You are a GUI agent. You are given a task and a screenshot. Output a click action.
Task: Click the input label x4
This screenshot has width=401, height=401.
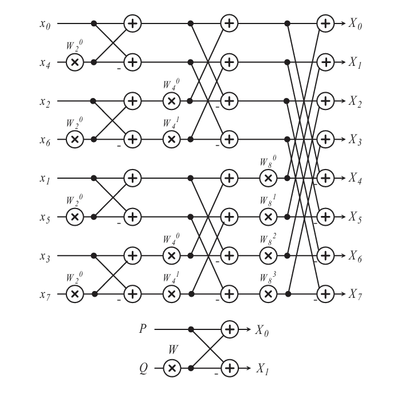coord(45,62)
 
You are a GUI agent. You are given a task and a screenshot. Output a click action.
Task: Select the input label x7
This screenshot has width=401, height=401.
coord(45,294)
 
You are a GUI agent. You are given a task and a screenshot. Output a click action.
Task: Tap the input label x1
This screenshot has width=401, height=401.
coord(45,179)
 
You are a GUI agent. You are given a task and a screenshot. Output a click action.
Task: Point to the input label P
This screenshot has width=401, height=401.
coord(143,329)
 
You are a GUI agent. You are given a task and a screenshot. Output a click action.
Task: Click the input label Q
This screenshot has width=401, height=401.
coord(144,369)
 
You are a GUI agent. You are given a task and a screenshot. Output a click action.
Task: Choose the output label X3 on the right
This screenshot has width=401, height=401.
coord(355,140)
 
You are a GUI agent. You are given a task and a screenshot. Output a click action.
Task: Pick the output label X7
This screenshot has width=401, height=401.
coord(355,294)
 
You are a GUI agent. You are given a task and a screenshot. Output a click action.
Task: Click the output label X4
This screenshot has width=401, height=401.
coord(355,178)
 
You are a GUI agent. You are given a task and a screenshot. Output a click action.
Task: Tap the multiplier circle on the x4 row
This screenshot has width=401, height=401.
coord(74,62)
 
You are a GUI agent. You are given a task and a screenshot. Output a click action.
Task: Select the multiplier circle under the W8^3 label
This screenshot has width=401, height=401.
coord(268,294)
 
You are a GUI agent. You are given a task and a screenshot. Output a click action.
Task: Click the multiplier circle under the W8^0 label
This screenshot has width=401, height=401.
coord(268,178)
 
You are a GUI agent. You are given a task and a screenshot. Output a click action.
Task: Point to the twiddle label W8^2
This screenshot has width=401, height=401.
coord(268,239)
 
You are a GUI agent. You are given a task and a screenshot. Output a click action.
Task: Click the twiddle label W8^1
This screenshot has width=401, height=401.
coord(268,200)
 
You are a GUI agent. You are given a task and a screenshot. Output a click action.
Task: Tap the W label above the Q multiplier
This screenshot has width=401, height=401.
coord(174,349)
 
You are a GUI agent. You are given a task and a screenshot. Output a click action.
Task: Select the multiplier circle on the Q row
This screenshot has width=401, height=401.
coord(172,368)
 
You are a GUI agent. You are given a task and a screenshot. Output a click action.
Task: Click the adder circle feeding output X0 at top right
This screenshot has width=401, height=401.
coord(325,23)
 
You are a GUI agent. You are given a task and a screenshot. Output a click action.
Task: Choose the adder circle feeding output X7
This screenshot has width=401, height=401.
coord(325,294)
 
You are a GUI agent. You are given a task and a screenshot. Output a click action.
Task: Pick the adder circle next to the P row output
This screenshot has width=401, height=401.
coord(229,329)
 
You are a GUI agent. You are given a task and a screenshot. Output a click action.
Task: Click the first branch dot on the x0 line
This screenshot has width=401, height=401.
coord(94,23)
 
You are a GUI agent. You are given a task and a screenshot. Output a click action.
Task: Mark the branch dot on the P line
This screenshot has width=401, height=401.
coord(191,329)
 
